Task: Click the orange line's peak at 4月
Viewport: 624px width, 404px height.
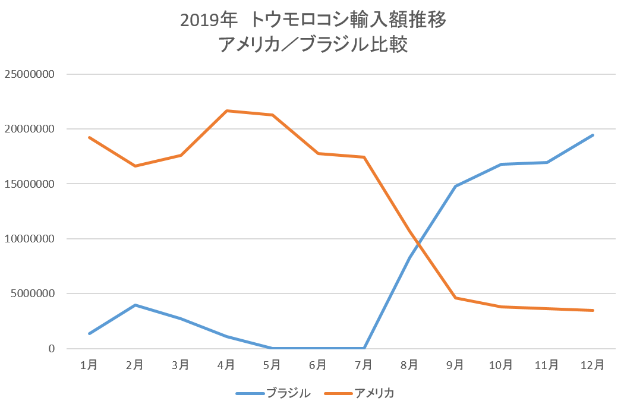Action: pos(226,111)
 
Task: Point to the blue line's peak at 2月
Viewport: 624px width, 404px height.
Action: pos(135,305)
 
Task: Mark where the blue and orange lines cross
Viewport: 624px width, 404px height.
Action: pos(418,243)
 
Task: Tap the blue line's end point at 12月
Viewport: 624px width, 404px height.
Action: pos(593,135)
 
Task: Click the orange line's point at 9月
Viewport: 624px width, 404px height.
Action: pos(455,298)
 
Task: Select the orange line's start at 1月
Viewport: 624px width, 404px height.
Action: pos(89,137)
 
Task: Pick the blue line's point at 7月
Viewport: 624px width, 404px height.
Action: pos(364,348)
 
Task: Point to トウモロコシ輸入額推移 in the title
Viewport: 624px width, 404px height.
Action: pos(348,20)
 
